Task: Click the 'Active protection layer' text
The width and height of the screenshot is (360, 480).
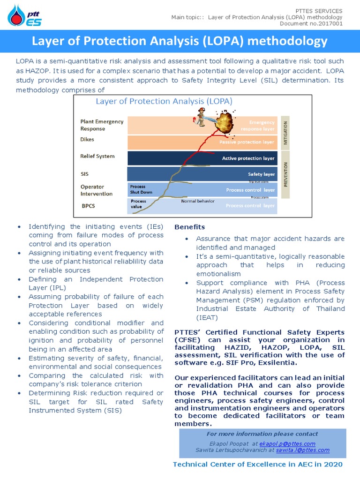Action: point(248,158)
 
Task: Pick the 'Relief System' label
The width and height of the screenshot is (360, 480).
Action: point(97,156)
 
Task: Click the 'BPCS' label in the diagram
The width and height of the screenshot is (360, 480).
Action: point(89,205)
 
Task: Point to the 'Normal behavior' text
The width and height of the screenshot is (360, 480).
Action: point(197,201)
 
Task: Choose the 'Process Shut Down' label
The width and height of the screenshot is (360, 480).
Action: point(141,189)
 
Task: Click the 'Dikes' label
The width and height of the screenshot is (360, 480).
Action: point(88,139)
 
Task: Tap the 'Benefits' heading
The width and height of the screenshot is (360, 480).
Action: point(189,227)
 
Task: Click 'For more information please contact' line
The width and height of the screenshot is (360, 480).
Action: point(262,434)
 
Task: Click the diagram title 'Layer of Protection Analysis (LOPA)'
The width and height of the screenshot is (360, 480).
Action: point(164,101)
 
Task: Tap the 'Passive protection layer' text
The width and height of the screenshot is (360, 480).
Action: point(247,142)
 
